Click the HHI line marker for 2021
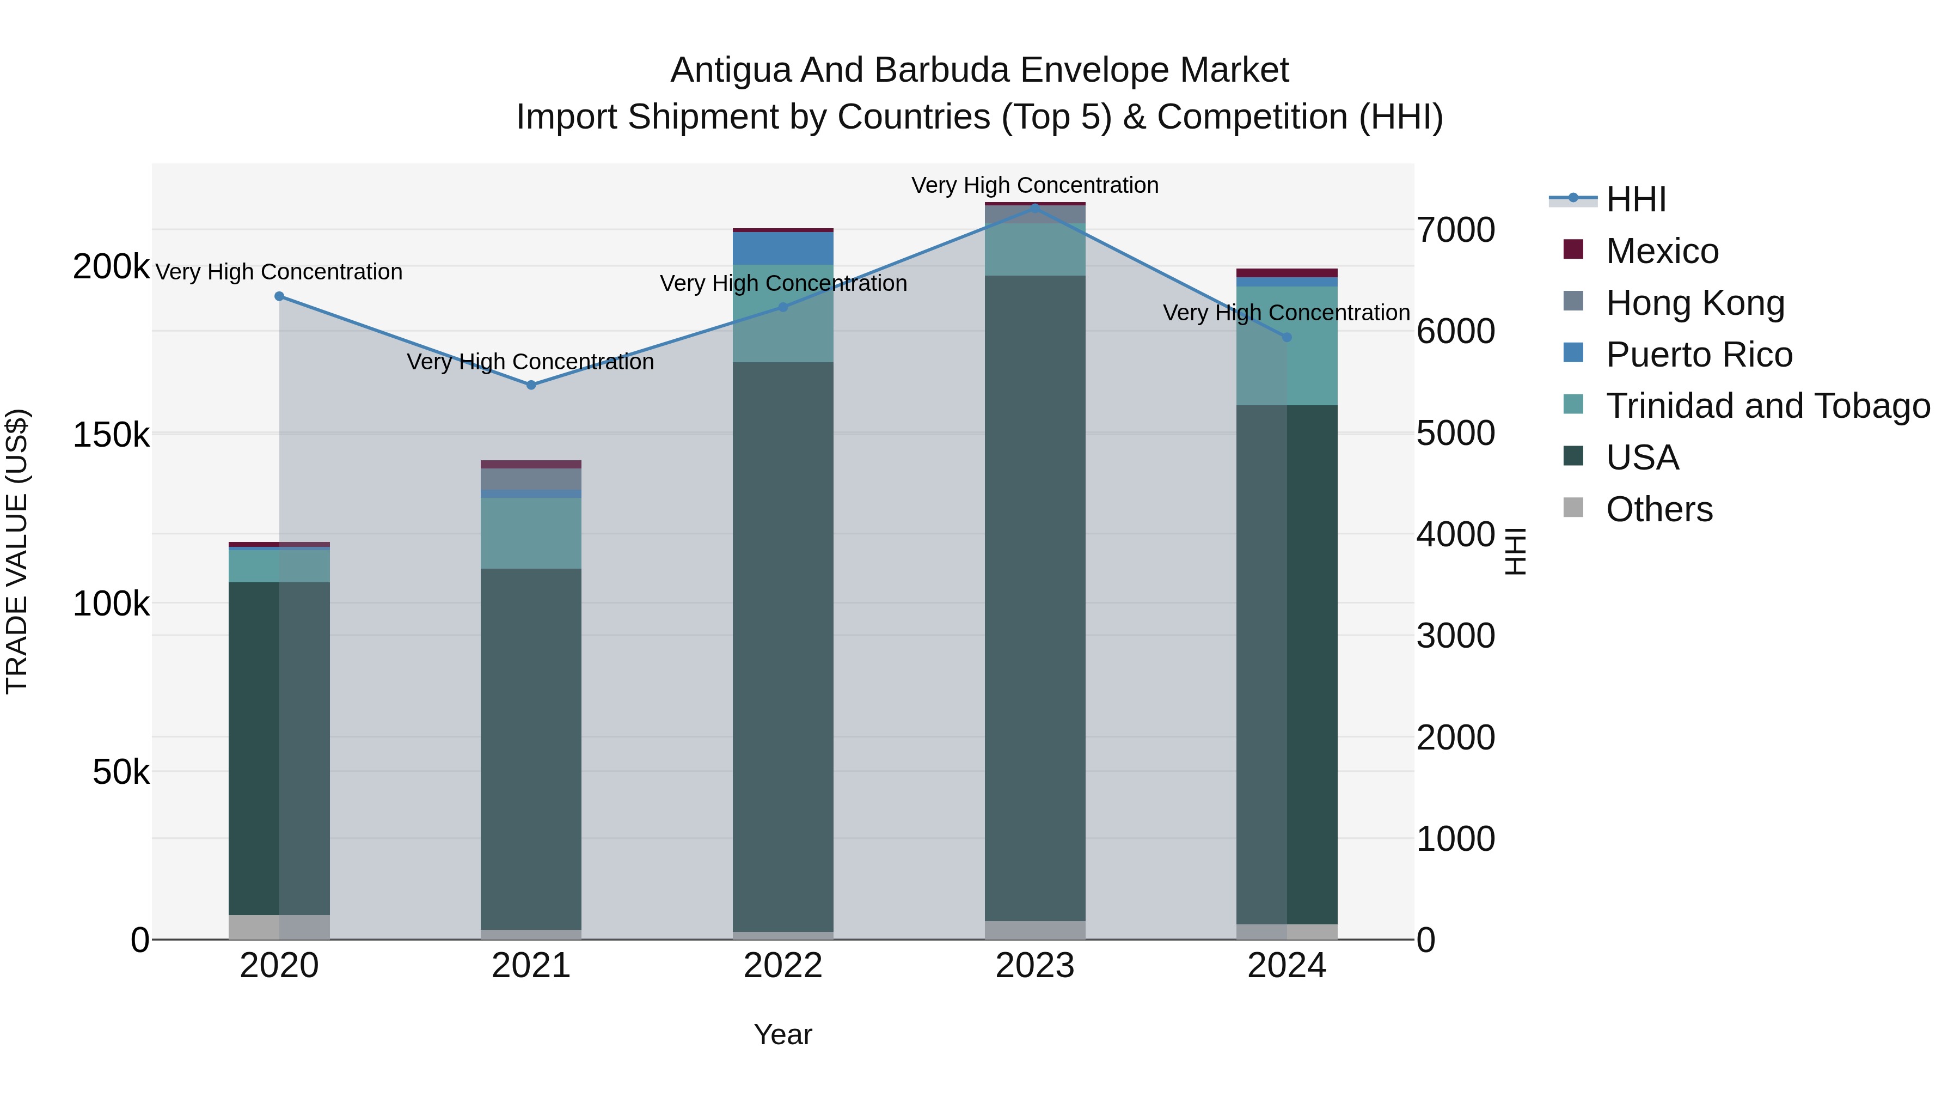(531, 385)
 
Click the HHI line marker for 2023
(1035, 207)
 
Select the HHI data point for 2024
(1287, 337)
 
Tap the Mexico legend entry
(1662, 251)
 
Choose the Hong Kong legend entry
(1694, 303)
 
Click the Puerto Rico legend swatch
(1573, 353)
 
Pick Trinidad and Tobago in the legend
(1767, 406)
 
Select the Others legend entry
(1659, 509)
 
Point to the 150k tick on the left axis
(111, 435)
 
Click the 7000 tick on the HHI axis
(1455, 230)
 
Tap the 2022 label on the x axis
(783, 966)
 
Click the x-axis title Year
(783, 1034)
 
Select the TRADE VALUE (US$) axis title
(17, 551)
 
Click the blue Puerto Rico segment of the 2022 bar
(783, 248)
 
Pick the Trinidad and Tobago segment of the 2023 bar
(1035, 249)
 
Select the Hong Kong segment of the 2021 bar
(531, 479)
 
